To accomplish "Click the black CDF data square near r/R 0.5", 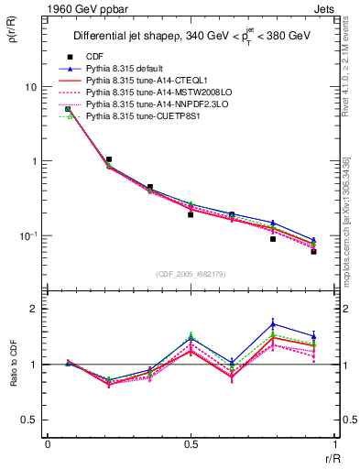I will tap(191, 214).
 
